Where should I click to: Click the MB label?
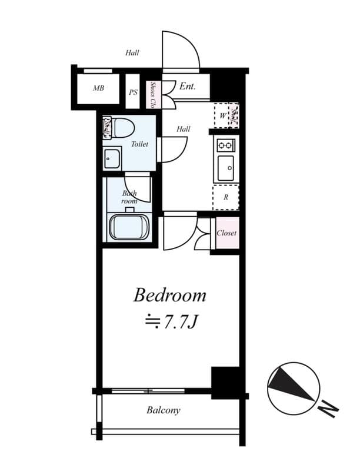coord(98,89)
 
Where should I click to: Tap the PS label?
coord(134,92)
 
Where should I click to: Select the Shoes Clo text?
coord(152,95)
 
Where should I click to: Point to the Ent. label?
coord(187,87)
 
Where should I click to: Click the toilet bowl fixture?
coord(122,127)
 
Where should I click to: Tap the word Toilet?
coord(139,144)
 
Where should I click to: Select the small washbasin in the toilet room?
coord(111,158)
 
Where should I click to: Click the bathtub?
coord(129,227)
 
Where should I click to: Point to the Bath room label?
coord(129,197)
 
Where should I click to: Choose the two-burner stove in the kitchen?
coord(225,145)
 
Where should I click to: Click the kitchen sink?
coord(225,168)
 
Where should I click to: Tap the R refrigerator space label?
coord(225,198)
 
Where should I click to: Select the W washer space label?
coord(222,116)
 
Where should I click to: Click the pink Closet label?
coord(226,233)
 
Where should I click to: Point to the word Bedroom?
coord(169,295)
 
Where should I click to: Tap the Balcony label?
coord(164,410)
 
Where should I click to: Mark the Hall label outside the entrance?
coord(132,53)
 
